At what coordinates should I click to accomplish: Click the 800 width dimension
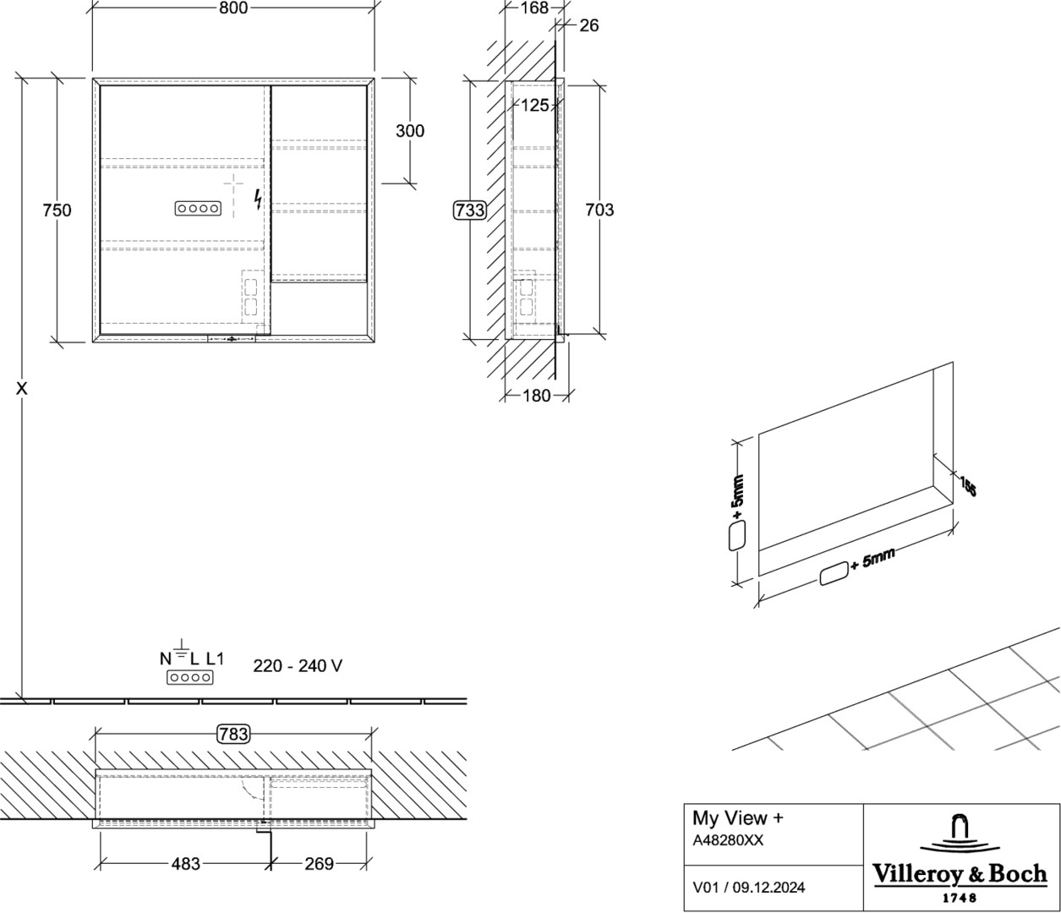click(233, 8)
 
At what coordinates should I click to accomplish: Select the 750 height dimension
click(57, 210)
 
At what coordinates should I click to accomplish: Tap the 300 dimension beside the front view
click(410, 131)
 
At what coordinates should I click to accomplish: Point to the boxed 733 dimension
click(470, 210)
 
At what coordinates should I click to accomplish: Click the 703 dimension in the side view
click(599, 210)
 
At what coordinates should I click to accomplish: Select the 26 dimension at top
click(588, 25)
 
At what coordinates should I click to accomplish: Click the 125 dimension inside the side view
click(535, 105)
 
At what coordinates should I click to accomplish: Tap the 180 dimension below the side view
click(536, 395)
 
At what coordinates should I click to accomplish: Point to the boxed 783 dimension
click(233, 734)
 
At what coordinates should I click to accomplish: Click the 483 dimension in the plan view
click(185, 864)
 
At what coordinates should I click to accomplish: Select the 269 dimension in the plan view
click(319, 864)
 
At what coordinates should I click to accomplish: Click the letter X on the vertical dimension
click(21, 389)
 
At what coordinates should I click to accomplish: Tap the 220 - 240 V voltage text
click(298, 666)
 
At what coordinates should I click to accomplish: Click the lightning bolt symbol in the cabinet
click(258, 200)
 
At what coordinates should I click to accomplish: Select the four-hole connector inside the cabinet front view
click(198, 208)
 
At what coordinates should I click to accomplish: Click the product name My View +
click(738, 817)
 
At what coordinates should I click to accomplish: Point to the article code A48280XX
click(728, 840)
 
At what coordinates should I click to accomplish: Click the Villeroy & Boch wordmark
click(960, 873)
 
